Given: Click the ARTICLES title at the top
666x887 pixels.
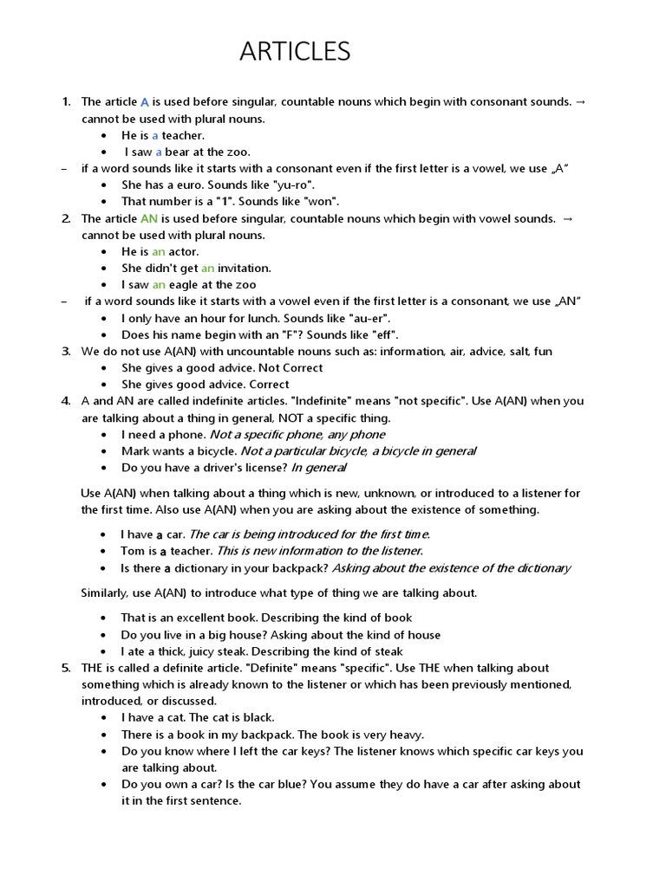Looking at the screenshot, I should [295, 52].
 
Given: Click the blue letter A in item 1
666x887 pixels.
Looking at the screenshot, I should [146, 102].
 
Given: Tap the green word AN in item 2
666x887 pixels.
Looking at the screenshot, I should [148, 219].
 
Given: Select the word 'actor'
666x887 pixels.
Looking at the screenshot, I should [183, 252].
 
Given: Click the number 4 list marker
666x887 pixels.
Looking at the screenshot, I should [66, 401].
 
